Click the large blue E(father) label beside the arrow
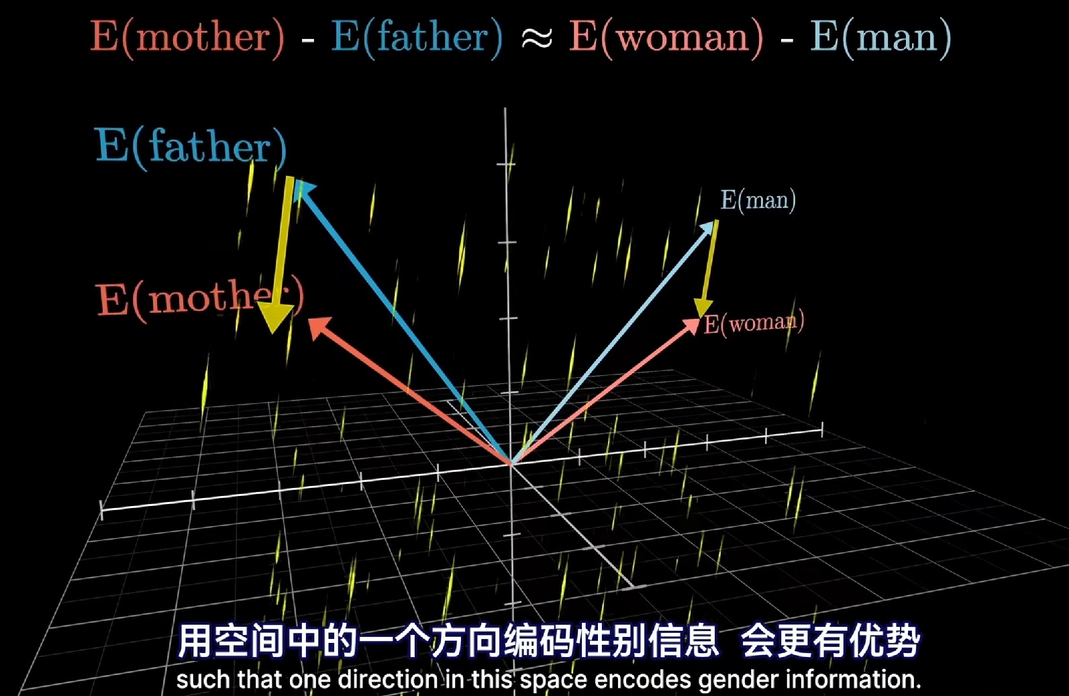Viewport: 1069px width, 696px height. click(191, 147)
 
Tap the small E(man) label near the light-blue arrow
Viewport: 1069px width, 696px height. click(758, 201)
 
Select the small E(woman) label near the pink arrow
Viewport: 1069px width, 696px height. click(754, 323)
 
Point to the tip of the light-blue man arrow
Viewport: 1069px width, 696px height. click(715, 222)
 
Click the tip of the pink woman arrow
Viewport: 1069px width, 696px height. click(699, 320)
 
